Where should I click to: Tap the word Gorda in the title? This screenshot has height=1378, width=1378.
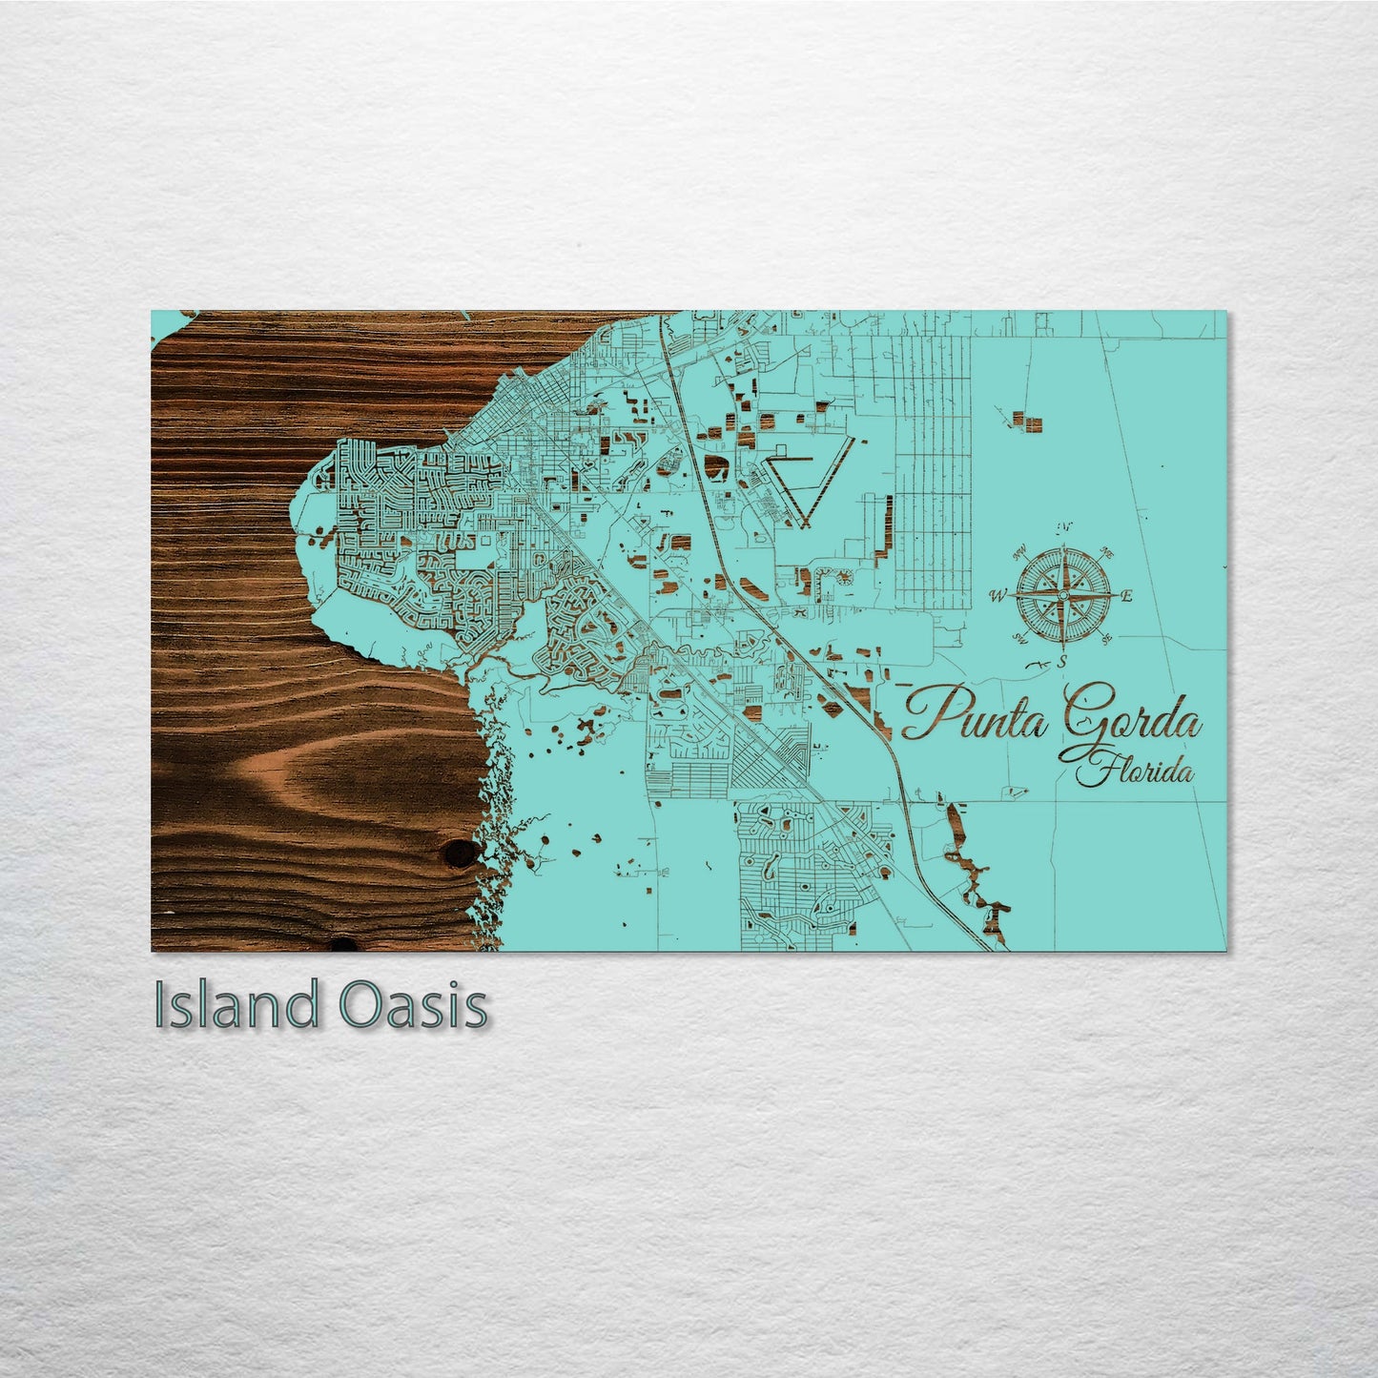[1130, 717]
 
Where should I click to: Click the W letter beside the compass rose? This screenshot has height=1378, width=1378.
[998, 597]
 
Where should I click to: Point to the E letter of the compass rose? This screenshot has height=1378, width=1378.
[1126, 597]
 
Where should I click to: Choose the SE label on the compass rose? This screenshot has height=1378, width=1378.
[1105, 639]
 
